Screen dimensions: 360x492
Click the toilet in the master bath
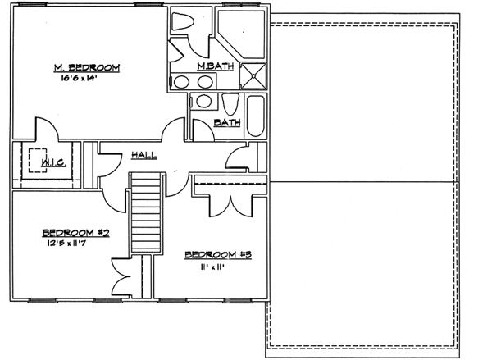pyautogui.click(x=181, y=21)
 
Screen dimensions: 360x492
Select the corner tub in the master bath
pyautogui.click(x=244, y=33)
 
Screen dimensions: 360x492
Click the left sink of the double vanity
pyautogui.click(x=181, y=82)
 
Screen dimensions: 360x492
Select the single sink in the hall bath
pyautogui.click(x=202, y=103)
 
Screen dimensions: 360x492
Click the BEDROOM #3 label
pyautogui.click(x=216, y=254)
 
